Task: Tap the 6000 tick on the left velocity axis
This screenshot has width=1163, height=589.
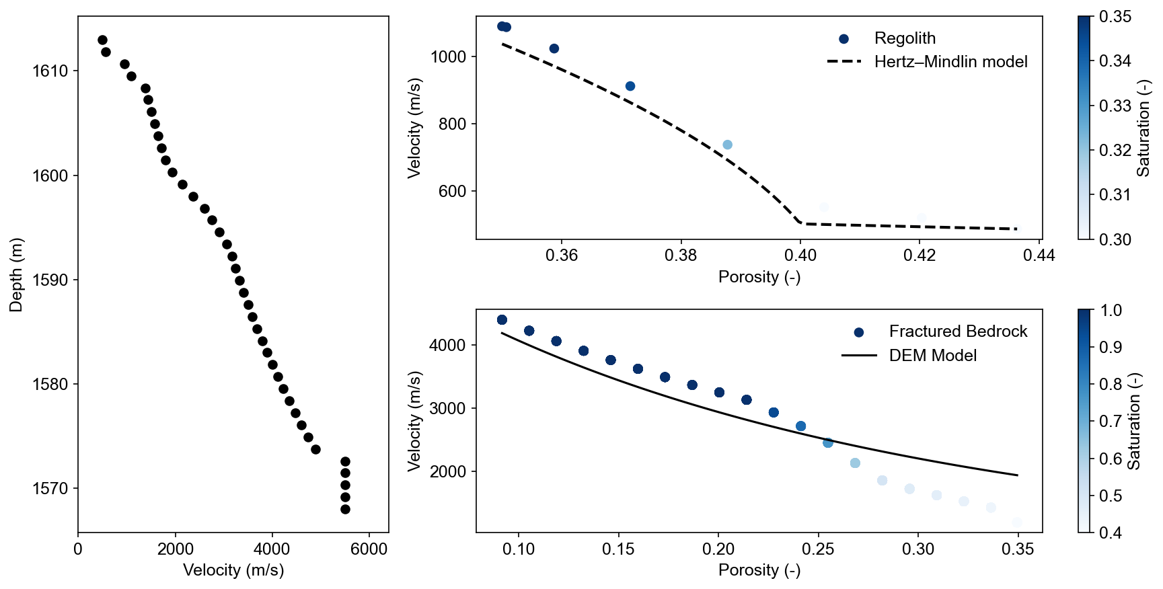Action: point(369,549)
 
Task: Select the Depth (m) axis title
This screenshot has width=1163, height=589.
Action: point(16,274)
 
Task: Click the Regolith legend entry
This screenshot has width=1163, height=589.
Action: point(905,38)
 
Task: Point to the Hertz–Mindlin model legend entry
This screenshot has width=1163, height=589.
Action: point(950,62)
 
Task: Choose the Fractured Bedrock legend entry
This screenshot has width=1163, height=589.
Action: point(958,331)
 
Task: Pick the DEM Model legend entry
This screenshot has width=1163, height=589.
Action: point(932,356)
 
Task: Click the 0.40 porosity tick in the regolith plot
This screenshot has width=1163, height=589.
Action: point(800,256)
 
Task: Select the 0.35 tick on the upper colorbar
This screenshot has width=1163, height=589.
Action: point(1115,17)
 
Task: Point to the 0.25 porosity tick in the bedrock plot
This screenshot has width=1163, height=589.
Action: point(819,549)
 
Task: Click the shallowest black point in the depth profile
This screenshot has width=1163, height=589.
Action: point(102,40)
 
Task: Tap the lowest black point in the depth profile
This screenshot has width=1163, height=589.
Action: point(345,509)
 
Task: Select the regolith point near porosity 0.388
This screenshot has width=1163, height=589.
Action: point(727,145)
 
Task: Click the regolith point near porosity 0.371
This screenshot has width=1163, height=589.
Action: point(630,86)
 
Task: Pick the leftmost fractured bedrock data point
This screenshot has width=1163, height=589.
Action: point(502,320)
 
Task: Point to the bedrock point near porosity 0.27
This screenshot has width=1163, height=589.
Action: point(855,463)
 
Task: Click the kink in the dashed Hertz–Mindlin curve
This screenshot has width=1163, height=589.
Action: point(799,223)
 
